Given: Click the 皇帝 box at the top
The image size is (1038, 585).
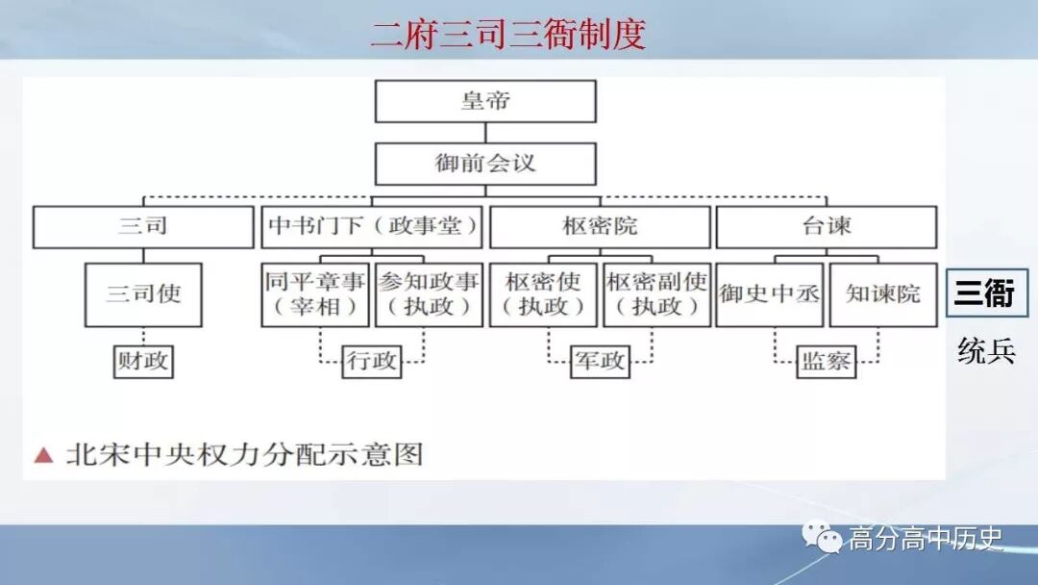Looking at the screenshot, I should click(485, 101).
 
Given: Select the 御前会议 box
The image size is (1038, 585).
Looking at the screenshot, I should click(485, 164).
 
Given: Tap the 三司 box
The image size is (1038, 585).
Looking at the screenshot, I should click(143, 227).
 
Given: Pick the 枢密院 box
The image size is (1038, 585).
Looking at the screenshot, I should click(600, 227).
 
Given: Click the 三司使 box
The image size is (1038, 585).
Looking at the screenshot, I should click(143, 294).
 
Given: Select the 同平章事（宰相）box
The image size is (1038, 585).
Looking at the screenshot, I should click(315, 294).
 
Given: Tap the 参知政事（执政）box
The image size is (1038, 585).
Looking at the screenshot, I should click(429, 294).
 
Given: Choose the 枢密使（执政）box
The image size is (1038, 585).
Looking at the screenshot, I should click(543, 294).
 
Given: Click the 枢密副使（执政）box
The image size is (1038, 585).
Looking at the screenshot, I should click(656, 294).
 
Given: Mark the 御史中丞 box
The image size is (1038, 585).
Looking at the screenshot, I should click(770, 294).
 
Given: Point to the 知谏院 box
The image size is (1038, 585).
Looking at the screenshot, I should click(883, 294).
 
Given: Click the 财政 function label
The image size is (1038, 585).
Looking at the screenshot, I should click(143, 362).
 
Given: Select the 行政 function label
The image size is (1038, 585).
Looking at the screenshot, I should click(372, 362).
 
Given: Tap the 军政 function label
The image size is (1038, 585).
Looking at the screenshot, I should click(600, 362).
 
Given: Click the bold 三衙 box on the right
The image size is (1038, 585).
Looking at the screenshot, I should click(986, 293).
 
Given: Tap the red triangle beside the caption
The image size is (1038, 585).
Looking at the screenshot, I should click(42, 454).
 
